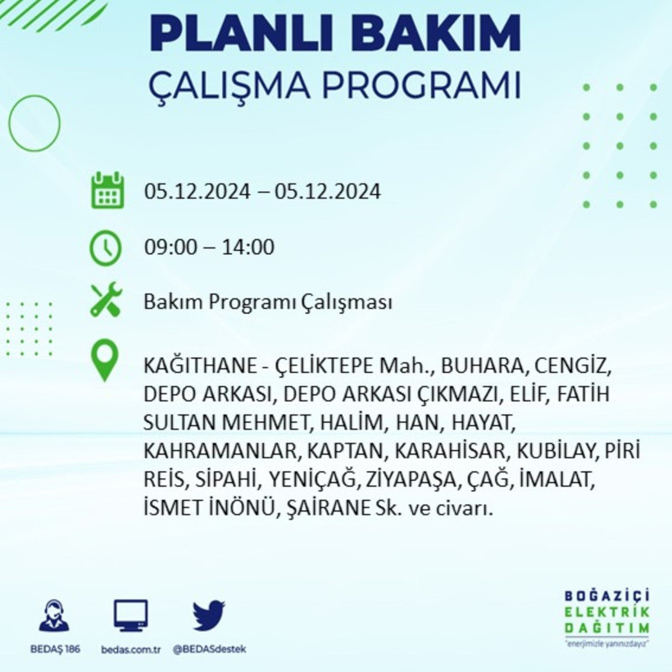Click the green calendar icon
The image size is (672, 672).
(107, 191)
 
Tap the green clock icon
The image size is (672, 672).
(107, 247)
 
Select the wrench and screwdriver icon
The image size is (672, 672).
(107, 300)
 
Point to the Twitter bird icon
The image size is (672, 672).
(209, 615)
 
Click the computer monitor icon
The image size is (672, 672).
(131, 615)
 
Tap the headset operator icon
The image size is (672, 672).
(54, 615)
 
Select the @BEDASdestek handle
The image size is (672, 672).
(209, 649)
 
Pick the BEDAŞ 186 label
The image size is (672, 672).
(54, 649)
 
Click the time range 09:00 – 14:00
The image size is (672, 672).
(209, 247)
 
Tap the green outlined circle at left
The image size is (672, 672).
(34, 123)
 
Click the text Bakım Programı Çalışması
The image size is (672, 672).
(268, 302)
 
